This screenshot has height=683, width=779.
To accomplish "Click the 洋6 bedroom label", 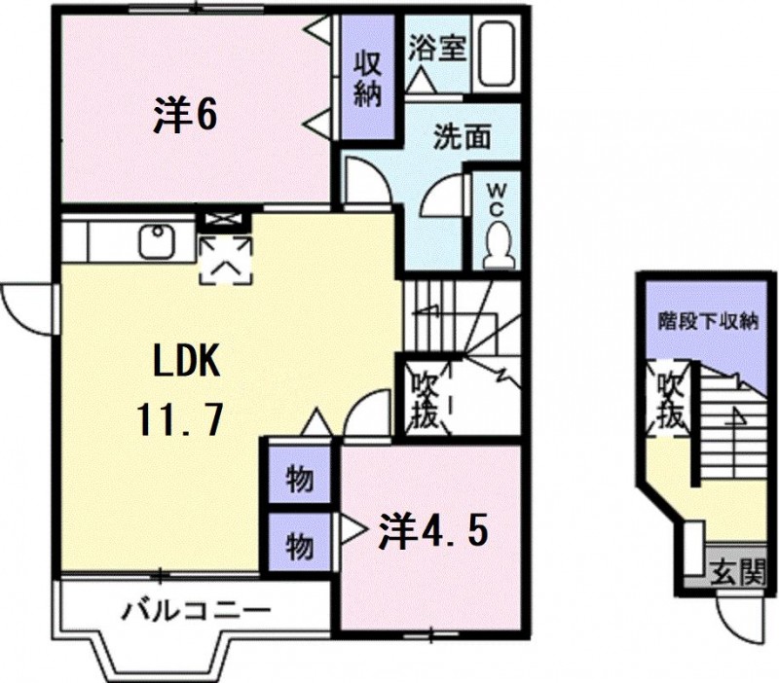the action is tap(185, 116).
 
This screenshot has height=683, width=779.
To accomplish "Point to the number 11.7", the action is tap(179, 419).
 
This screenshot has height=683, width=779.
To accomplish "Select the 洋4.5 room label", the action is tap(433, 530).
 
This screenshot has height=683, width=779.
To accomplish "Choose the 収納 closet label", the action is tap(368, 79).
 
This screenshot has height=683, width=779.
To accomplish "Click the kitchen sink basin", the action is tap(157, 240).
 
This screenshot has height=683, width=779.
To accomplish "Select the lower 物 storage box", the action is tap(300, 541).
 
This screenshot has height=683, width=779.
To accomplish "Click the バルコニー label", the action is tap(197, 610).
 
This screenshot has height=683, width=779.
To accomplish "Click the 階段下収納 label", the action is tap(709, 322).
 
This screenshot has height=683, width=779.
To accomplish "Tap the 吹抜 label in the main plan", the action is tap(425, 401).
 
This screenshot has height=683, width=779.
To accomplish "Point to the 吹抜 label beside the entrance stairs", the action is tap(671, 399).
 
